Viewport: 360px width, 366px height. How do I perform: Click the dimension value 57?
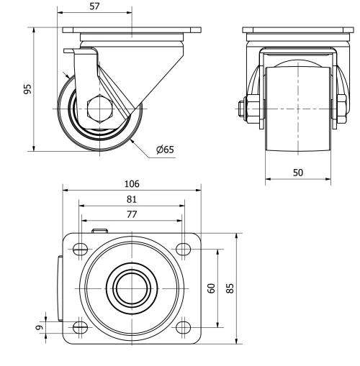94,6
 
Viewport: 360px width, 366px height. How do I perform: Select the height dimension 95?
27,89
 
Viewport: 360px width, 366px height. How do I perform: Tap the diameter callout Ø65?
166,150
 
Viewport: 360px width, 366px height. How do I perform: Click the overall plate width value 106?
131,184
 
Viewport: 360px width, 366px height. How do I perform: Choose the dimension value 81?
131,199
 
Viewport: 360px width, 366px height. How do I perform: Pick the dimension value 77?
131,214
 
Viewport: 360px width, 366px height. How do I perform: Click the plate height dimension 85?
230,288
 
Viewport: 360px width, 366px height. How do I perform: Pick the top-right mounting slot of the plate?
183,250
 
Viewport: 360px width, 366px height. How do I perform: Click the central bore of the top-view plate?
131,288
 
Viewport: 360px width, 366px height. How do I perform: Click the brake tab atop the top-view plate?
99,231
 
